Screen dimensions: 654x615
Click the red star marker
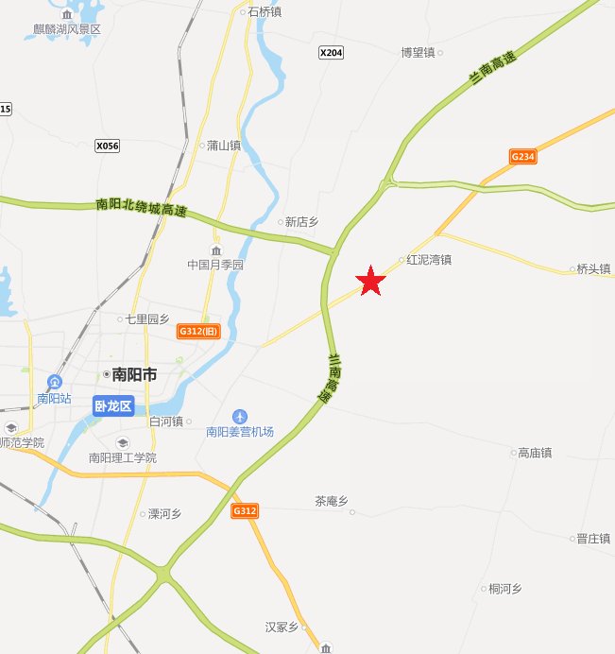371,281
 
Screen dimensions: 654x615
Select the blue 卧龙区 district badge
113,406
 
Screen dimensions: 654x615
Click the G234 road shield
522,157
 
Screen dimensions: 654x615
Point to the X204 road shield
331,53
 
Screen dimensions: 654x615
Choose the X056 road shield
108,146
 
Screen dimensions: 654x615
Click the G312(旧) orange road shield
197,331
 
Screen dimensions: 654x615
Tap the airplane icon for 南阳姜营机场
240,416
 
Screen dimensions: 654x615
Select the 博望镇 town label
418,52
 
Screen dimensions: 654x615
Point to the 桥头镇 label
593,268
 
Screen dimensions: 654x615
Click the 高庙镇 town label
534,453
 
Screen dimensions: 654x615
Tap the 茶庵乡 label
332,501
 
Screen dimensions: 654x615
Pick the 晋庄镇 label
593,538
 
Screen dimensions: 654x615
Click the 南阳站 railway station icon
55,383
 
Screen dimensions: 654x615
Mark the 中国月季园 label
215,265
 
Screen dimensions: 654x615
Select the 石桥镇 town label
264,12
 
